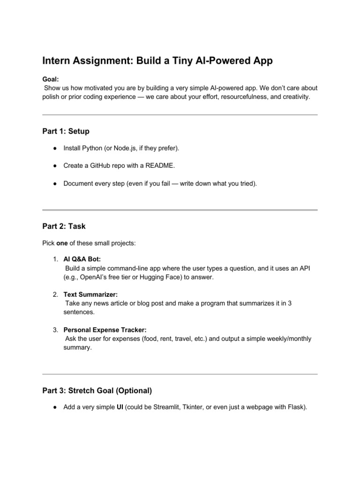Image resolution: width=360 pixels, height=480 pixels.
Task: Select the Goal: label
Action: click(x=51, y=80)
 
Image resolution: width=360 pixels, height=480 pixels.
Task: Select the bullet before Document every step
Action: click(x=55, y=184)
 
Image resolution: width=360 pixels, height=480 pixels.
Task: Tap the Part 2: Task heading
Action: click(x=64, y=226)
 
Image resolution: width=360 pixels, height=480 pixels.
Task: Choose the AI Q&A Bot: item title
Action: click(x=82, y=259)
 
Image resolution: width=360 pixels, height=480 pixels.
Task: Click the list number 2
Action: click(x=55, y=294)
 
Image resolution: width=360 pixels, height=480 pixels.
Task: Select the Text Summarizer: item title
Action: click(x=90, y=294)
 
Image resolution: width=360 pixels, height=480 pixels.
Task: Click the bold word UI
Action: click(x=120, y=407)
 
